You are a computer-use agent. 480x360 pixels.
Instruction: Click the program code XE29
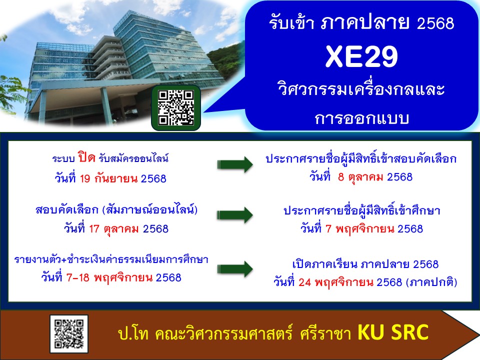(361, 56)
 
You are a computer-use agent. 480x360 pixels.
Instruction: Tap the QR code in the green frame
(176, 108)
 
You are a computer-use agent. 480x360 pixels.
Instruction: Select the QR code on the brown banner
(69, 334)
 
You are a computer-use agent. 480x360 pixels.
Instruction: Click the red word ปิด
(86, 157)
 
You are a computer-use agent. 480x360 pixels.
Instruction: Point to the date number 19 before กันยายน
(85, 178)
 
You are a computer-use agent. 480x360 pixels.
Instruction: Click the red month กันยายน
(116, 178)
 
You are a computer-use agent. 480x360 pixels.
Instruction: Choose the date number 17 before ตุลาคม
(94, 228)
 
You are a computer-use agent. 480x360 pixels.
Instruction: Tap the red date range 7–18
(78, 277)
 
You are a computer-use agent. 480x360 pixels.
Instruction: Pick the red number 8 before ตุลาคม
(341, 177)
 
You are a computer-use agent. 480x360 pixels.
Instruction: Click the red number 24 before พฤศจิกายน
(305, 282)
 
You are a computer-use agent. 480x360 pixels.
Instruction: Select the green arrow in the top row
(235, 164)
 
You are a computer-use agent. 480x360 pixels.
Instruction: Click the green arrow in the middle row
(235, 215)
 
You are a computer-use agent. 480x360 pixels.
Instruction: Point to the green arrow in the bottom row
(235, 269)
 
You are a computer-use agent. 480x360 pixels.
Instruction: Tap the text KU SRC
(393, 332)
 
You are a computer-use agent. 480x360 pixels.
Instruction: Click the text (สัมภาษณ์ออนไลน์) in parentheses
(150, 209)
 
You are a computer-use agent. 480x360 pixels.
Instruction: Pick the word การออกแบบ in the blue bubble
(362, 118)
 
